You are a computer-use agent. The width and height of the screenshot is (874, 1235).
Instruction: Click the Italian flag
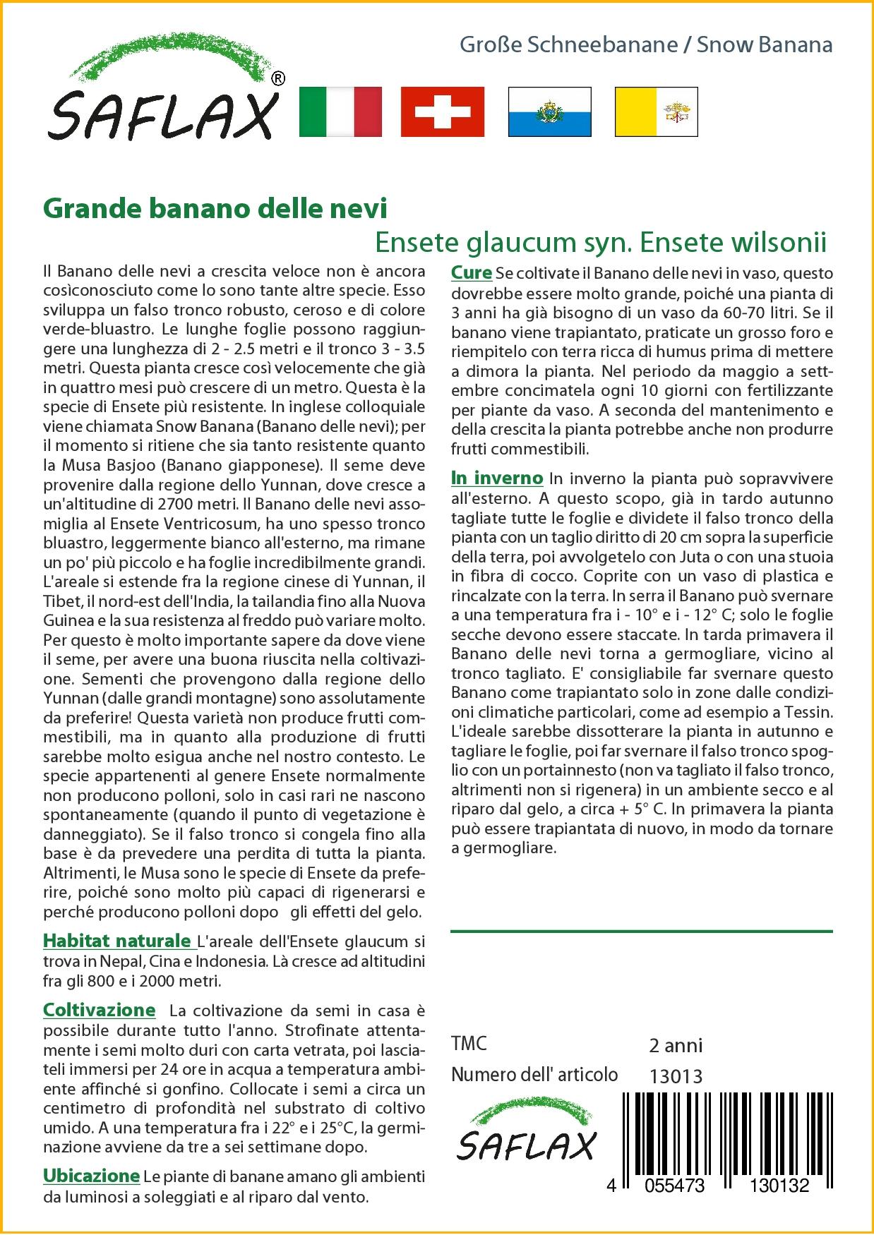coord(340,112)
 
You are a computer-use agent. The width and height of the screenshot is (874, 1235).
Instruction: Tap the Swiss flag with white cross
coord(442,112)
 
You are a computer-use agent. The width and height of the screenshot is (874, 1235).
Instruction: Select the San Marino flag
coord(549,112)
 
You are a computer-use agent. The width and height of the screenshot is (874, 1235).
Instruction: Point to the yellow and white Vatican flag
coord(656,112)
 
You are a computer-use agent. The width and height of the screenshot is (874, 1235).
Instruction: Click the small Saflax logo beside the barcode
coord(526,1130)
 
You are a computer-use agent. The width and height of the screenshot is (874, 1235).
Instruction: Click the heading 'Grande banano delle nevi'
coord(215,208)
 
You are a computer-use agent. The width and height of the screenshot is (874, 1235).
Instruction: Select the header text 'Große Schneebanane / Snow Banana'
coord(646,45)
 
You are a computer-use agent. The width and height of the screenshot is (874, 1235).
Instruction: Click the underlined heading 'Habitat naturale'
coord(118,941)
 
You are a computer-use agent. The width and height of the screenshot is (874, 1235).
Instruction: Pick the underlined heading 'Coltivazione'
coord(100,1010)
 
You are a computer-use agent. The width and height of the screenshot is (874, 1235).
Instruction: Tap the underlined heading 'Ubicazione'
coord(91,1176)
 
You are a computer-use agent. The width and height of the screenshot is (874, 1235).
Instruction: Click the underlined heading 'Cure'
coord(472,272)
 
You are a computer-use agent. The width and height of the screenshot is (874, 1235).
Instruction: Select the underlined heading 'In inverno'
coord(497,478)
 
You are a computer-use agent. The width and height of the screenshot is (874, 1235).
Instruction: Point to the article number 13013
coord(676,1076)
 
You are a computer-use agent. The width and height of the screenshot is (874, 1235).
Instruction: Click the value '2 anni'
coord(676,1045)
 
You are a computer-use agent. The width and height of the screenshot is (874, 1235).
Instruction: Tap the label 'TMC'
coord(469,1044)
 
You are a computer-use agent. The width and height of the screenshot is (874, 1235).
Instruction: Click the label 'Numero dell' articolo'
coord(534,1075)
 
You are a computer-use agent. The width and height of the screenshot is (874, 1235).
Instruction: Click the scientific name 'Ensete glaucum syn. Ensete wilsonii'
coord(600,242)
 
